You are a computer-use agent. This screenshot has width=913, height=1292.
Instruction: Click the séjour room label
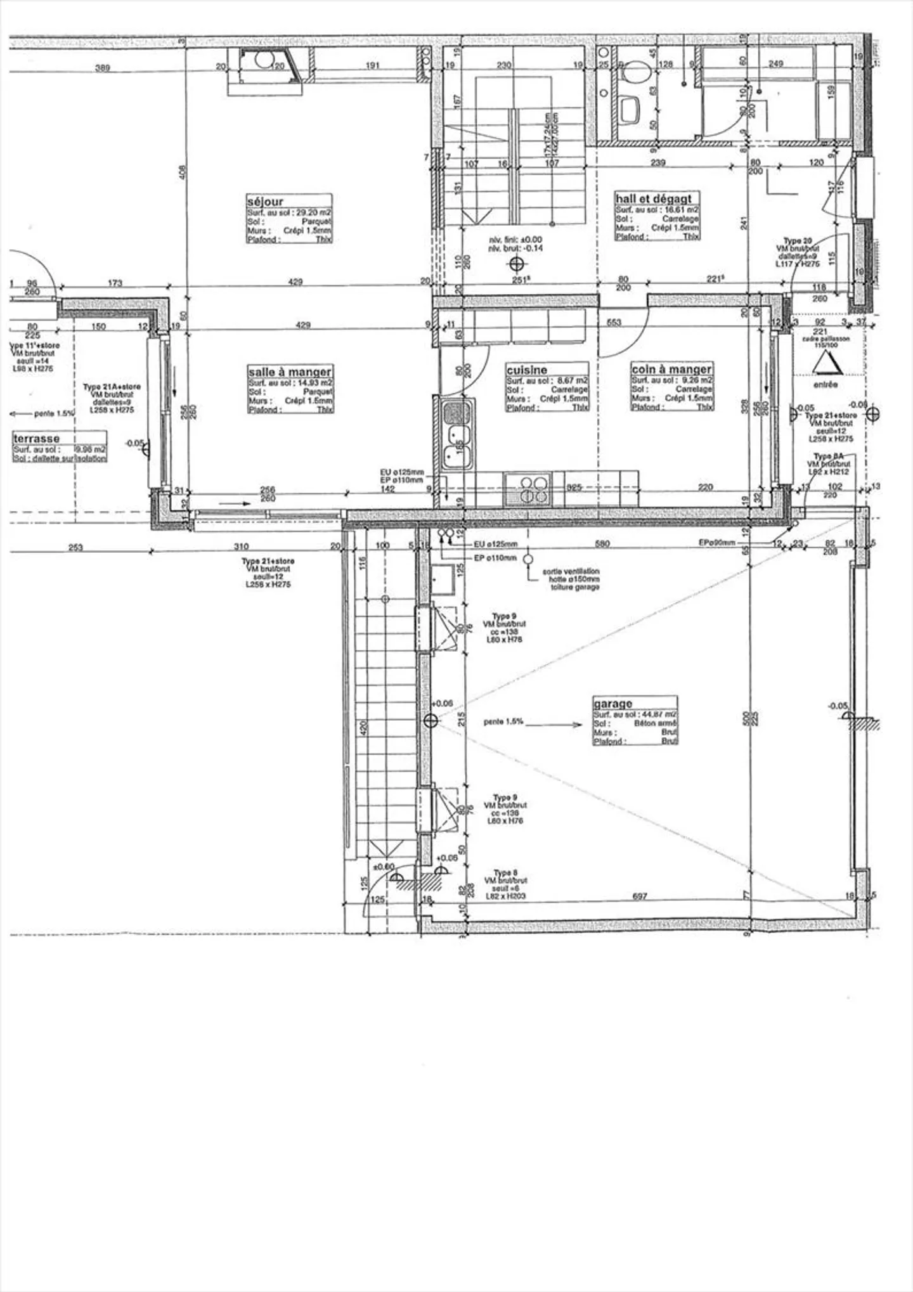point(265,202)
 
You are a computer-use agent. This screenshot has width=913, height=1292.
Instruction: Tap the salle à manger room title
point(290,372)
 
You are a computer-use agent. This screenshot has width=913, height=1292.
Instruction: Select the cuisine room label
point(526,370)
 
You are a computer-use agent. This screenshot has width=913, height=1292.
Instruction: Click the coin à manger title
point(671,369)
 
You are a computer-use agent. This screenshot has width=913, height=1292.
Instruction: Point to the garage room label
point(612,704)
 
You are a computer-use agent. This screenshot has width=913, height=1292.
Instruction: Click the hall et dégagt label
point(657,198)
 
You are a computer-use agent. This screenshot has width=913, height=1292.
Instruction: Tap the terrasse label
point(37,439)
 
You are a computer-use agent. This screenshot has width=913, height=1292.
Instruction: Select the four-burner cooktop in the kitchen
point(528,489)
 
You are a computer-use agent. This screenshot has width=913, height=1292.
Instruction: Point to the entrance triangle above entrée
point(826,365)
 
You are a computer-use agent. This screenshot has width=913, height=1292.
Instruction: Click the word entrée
point(826,385)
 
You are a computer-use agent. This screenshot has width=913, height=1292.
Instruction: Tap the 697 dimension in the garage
point(640,896)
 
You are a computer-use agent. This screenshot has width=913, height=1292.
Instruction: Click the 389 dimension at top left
point(102,67)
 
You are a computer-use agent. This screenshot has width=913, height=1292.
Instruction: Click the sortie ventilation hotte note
point(570,579)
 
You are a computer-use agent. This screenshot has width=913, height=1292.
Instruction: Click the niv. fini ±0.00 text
point(515,240)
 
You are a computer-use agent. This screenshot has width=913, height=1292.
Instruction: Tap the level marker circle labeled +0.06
point(431,720)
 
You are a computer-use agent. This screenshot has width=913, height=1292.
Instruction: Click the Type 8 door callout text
point(505,884)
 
